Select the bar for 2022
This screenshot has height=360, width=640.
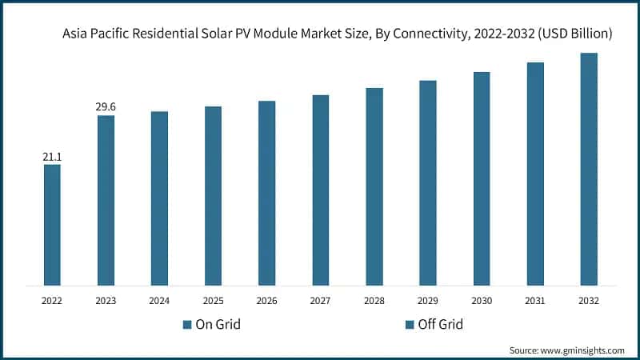click(x=52, y=225)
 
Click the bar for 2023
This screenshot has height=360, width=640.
click(x=106, y=200)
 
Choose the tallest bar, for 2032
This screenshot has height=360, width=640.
click(x=589, y=169)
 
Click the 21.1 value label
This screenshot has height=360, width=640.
click(x=52, y=157)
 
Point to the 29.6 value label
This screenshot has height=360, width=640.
click(x=106, y=107)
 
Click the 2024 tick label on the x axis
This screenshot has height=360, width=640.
click(x=159, y=302)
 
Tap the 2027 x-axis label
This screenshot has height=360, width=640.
click(x=320, y=302)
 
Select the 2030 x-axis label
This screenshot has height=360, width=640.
click(x=481, y=302)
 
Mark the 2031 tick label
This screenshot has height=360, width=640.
click(x=535, y=302)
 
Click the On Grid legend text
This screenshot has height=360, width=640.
click(x=218, y=325)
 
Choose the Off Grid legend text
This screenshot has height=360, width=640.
click(x=440, y=325)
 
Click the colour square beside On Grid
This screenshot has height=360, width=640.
click(x=187, y=325)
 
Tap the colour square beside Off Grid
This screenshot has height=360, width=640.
click(x=410, y=325)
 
